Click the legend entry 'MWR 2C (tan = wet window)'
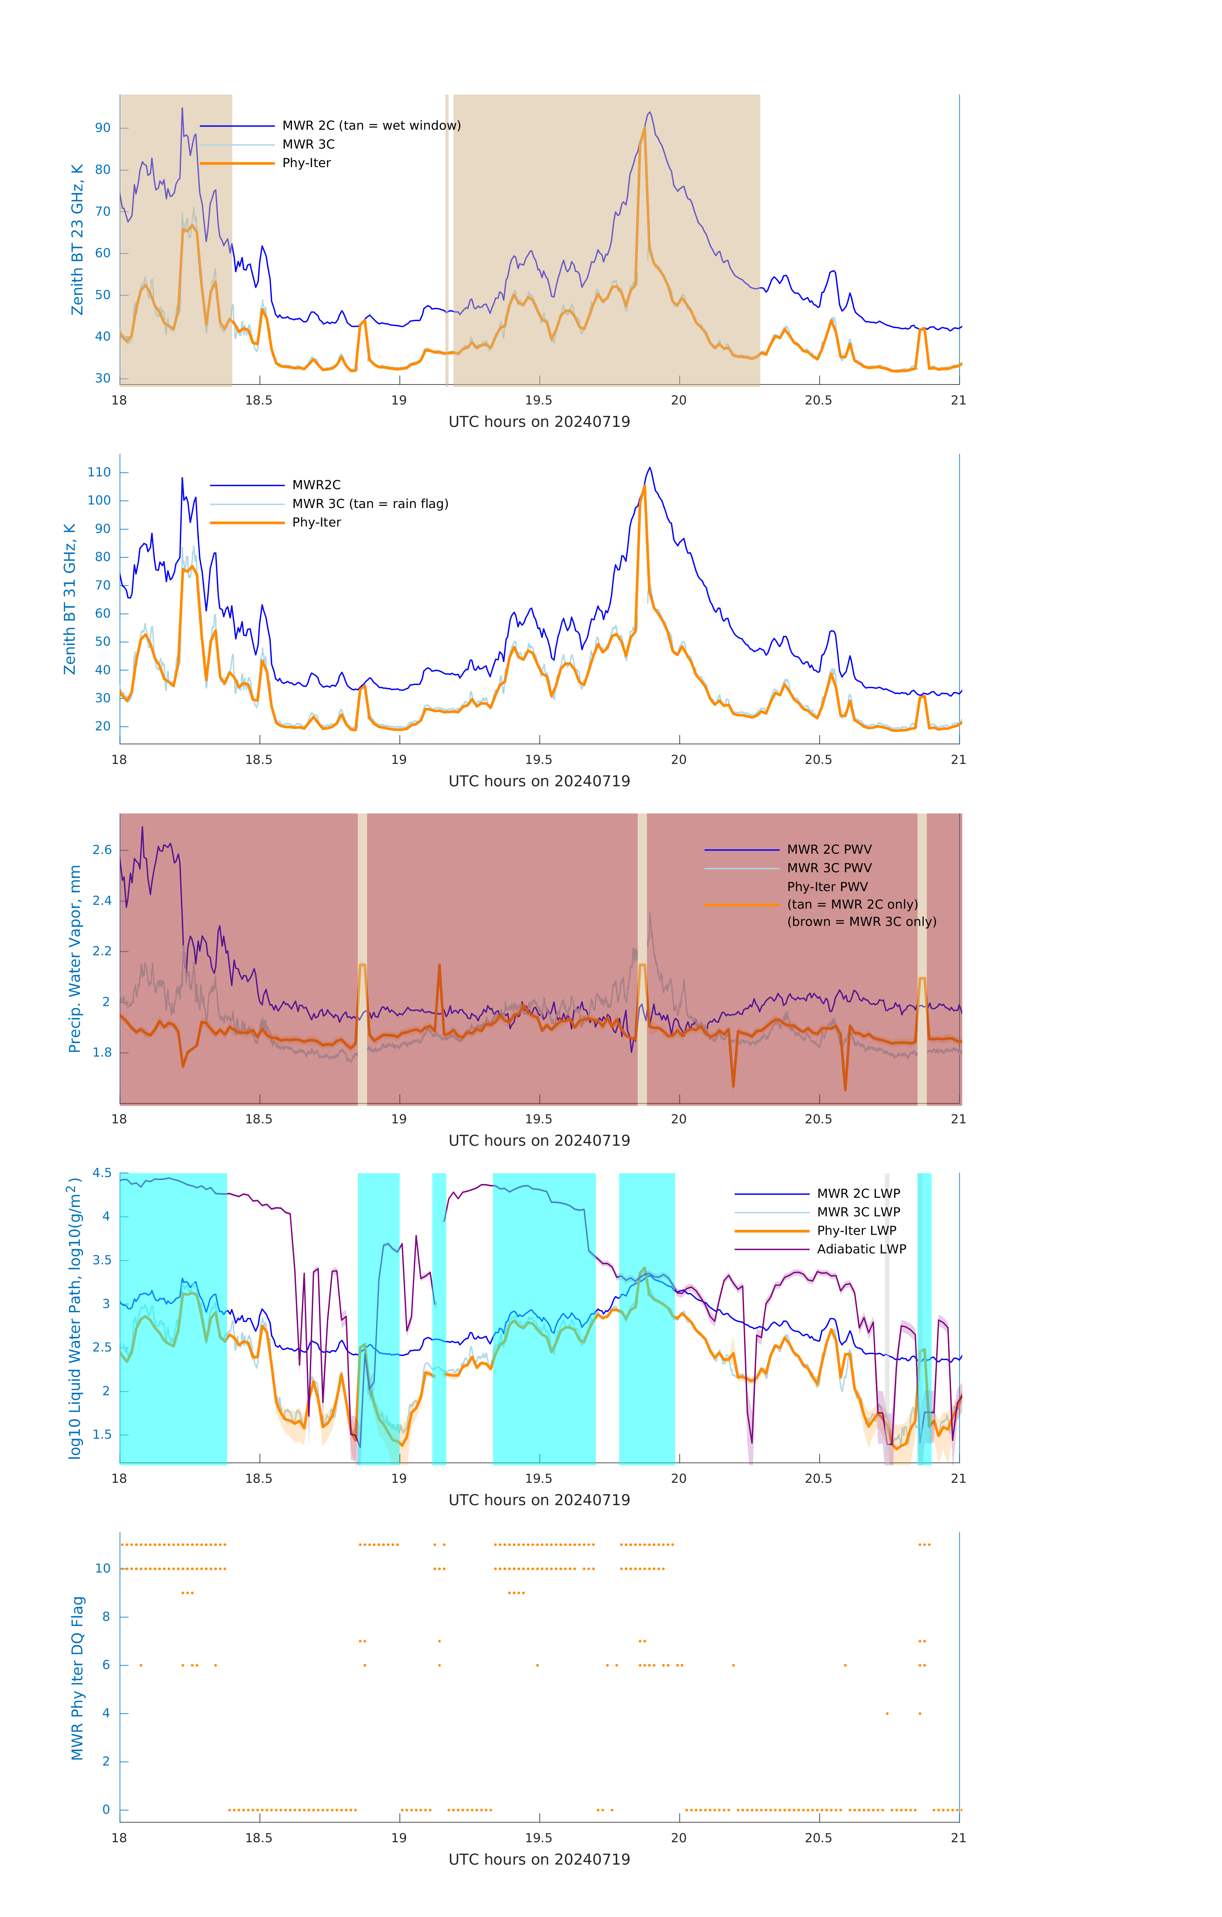pyautogui.click(x=371, y=126)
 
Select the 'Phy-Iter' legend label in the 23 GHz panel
pyautogui.click(x=306, y=163)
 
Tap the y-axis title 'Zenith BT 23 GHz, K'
pyautogui.click(x=77, y=240)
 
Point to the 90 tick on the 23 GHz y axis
pyautogui.click(x=103, y=128)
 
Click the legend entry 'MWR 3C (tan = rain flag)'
pyautogui.click(x=370, y=504)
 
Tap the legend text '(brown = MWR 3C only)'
pyautogui.click(x=861, y=922)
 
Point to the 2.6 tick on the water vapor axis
pyautogui.click(x=102, y=850)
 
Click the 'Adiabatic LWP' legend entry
pyautogui.click(x=861, y=1249)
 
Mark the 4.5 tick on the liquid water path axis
pyautogui.click(x=102, y=1174)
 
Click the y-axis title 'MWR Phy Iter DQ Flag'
pyautogui.click(x=77, y=1678)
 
